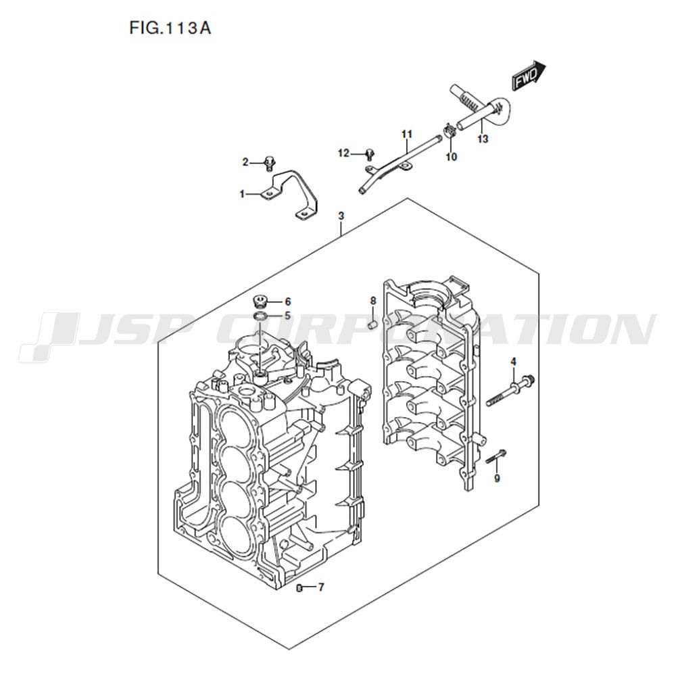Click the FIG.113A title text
click(x=170, y=28)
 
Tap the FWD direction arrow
click(x=529, y=76)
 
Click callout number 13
click(x=483, y=139)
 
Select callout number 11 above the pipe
click(x=407, y=134)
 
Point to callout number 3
click(x=341, y=216)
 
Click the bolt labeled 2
click(x=270, y=164)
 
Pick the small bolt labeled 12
click(x=370, y=153)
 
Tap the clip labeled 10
click(x=450, y=130)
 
